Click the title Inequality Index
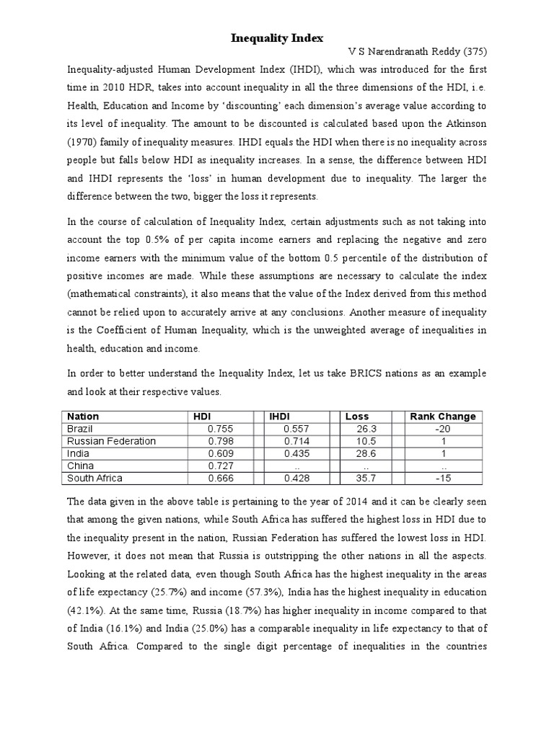(x=276, y=37)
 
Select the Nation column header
(x=83, y=416)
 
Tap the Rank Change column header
(x=442, y=416)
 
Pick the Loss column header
(x=357, y=416)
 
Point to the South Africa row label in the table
(x=94, y=477)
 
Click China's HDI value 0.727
(x=220, y=465)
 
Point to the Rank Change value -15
(x=442, y=477)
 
